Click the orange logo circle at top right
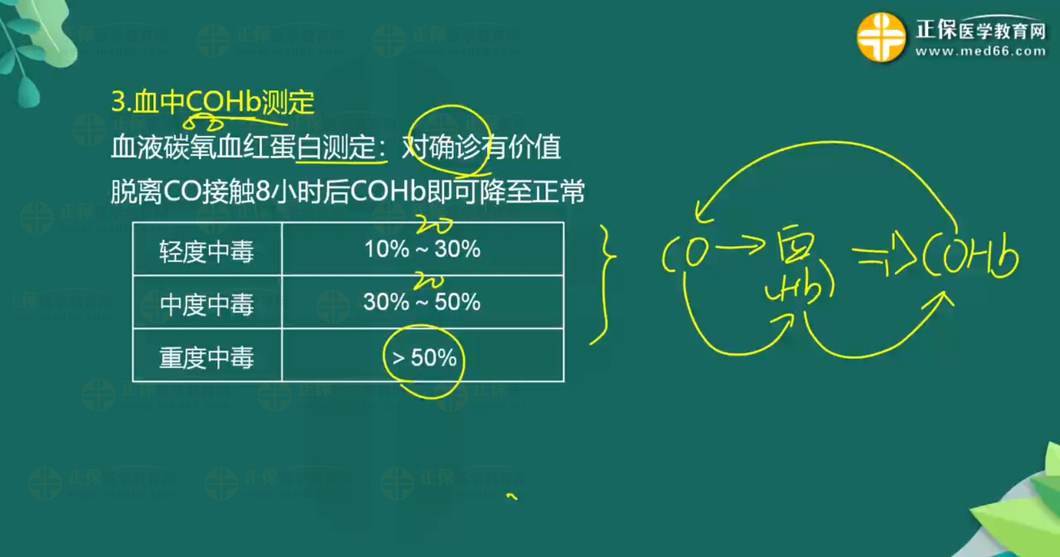point(881,37)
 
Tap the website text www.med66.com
point(980,51)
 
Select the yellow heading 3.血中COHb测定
point(213,102)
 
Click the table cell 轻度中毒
point(207,251)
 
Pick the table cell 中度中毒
point(207,304)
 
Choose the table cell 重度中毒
point(207,357)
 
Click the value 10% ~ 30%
point(422,249)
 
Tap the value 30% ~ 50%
point(422,302)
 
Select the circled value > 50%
point(424,358)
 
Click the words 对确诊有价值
point(481,147)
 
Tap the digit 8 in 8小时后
point(262,192)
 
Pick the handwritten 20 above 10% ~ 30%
point(434,226)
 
